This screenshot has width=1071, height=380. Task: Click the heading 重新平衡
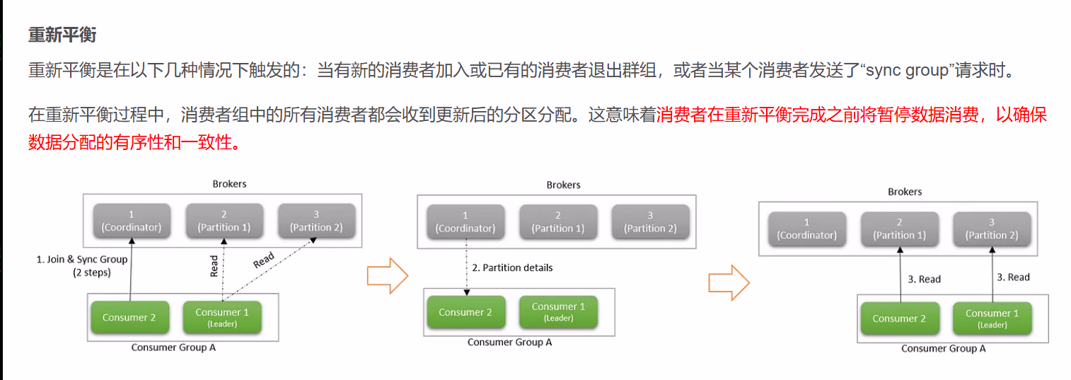pyautogui.click(x=62, y=35)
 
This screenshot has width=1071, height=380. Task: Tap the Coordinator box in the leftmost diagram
pyautogui.click(x=131, y=221)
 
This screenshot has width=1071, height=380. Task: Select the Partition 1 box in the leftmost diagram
pyautogui.click(x=224, y=221)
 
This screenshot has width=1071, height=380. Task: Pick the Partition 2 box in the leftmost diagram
pyautogui.click(x=315, y=221)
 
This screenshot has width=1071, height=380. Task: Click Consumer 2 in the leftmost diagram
pyautogui.click(x=129, y=318)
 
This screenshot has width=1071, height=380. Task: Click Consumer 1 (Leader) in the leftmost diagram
pyautogui.click(x=222, y=318)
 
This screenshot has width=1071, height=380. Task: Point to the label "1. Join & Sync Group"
pyautogui.click(x=82, y=260)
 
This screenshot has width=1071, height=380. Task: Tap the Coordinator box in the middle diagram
pyautogui.click(x=465, y=222)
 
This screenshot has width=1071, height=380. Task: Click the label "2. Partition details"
pyautogui.click(x=512, y=267)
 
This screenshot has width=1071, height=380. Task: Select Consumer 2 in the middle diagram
pyautogui.click(x=465, y=312)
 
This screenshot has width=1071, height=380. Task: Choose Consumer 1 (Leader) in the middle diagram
pyautogui.click(x=558, y=312)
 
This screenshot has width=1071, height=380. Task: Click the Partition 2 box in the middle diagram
pyautogui.click(x=650, y=222)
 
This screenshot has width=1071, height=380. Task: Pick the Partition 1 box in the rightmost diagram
pyautogui.click(x=899, y=229)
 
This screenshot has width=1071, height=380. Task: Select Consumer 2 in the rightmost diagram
pyautogui.click(x=899, y=319)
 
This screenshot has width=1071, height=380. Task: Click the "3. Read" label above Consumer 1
pyautogui.click(x=1013, y=277)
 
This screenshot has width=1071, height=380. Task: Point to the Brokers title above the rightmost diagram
pyautogui.click(x=905, y=192)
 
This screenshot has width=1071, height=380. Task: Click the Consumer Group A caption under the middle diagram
pyautogui.click(x=509, y=342)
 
